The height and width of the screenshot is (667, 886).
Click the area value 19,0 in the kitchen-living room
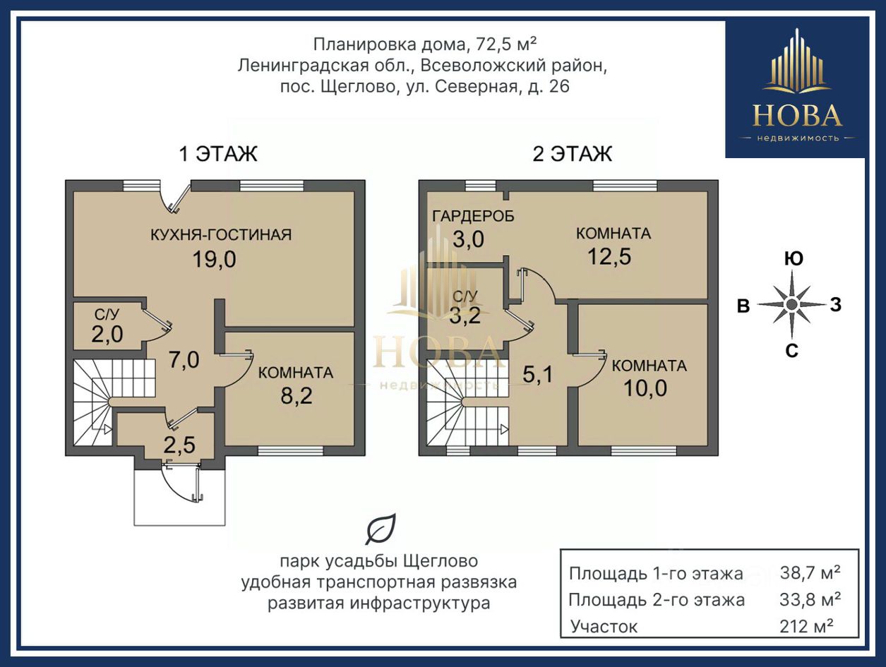[215, 260]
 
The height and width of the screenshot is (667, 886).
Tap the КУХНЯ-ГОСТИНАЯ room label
[221, 234]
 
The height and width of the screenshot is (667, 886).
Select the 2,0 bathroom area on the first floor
[107, 334]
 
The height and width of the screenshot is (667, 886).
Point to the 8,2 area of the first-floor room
[297, 396]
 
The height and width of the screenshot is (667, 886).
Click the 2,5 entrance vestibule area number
[179, 445]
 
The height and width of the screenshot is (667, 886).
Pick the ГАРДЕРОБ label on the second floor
[473, 216]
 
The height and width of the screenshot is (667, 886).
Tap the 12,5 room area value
[609, 256]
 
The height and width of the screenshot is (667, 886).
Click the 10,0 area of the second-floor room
[645, 388]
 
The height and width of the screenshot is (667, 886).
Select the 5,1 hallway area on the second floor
[538, 375]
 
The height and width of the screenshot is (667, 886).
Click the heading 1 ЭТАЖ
[218, 154]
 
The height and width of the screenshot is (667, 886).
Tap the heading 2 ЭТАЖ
[572, 154]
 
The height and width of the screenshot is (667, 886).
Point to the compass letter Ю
[794, 258]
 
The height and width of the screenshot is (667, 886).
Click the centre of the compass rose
[792, 304]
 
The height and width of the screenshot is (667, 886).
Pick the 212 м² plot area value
[806, 626]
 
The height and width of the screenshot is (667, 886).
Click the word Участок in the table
[604, 627]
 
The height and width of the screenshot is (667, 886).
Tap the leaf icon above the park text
[381, 529]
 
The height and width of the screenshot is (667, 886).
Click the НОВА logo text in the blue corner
[797, 116]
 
